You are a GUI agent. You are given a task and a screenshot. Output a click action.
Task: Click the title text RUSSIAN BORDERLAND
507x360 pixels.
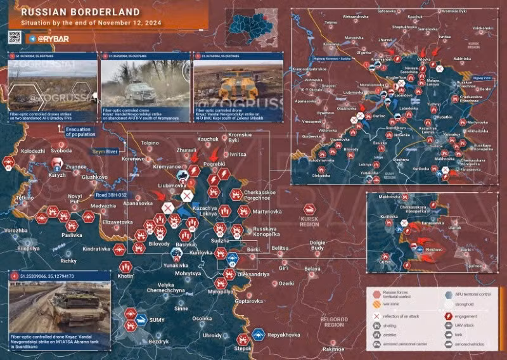[69, 12]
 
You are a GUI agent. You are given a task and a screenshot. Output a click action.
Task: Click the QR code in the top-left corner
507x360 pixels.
[16, 38]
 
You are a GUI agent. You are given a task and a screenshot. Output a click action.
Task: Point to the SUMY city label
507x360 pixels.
[157, 320]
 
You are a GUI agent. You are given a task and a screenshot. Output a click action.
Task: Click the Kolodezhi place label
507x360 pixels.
[33, 151]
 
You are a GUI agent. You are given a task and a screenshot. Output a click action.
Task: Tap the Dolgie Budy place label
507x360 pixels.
[318, 244]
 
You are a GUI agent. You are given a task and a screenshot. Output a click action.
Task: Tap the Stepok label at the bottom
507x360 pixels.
[243, 348]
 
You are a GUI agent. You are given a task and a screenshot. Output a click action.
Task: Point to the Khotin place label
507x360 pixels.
[125, 276]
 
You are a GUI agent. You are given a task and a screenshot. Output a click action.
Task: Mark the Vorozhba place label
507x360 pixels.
[16, 231]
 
